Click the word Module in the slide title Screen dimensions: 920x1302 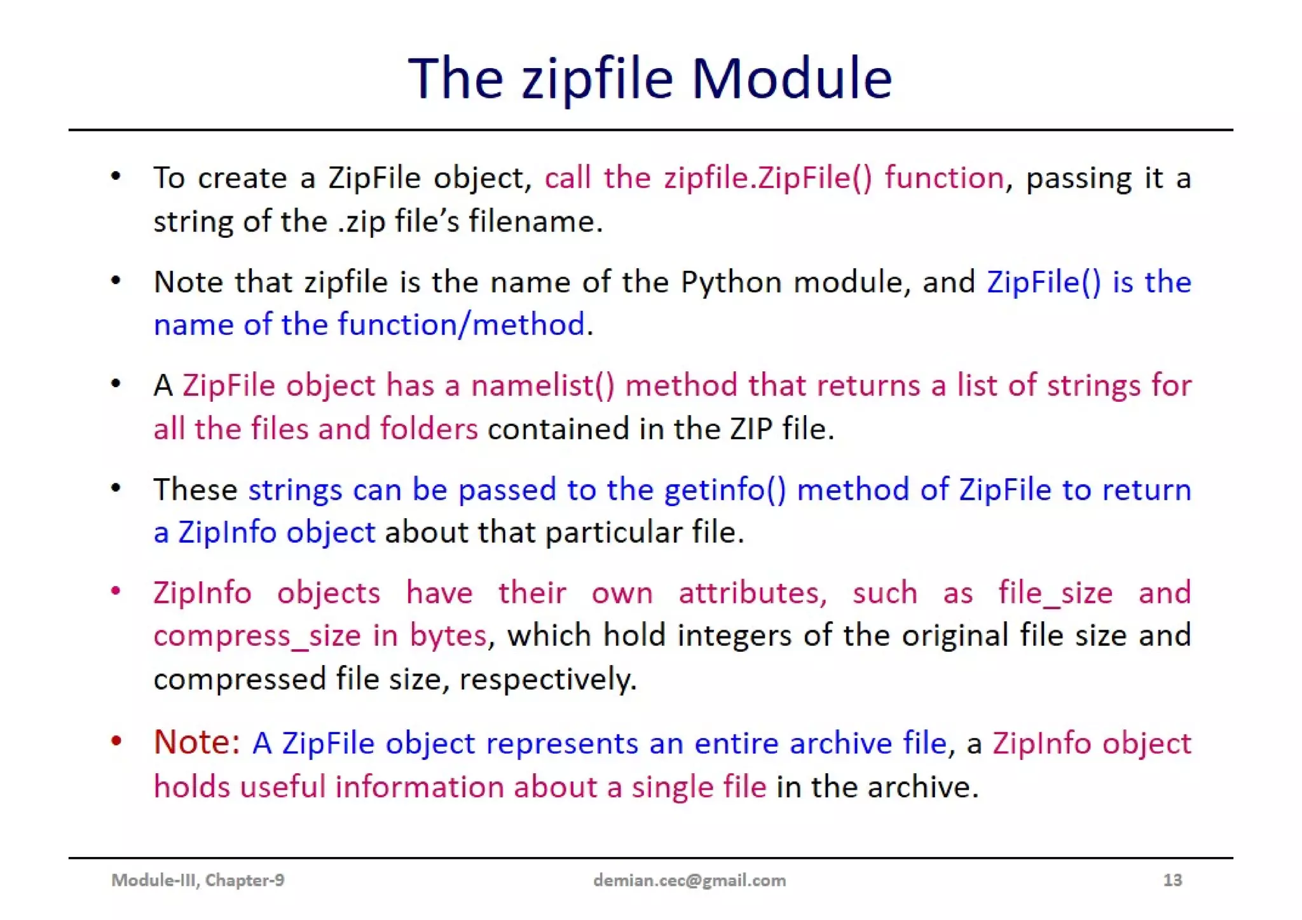pyautogui.click(x=791, y=78)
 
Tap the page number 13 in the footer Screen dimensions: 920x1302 pyautogui.click(x=1172, y=880)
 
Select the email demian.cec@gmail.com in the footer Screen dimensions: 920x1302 pyautogui.click(x=689, y=880)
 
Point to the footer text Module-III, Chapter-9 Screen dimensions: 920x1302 pyautogui.click(x=198, y=880)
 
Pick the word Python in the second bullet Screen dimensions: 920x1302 pyautogui.click(x=730, y=282)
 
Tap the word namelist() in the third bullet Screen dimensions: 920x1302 pyautogui.click(x=542, y=386)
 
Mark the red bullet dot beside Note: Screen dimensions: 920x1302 pyautogui.click(x=116, y=741)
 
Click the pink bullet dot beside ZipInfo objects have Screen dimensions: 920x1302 pyautogui.click(x=116, y=591)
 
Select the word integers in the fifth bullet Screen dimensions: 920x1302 pyautogui.click(x=734, y=636)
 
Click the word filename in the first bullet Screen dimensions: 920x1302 pyautogui.click(x=535, y=222)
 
